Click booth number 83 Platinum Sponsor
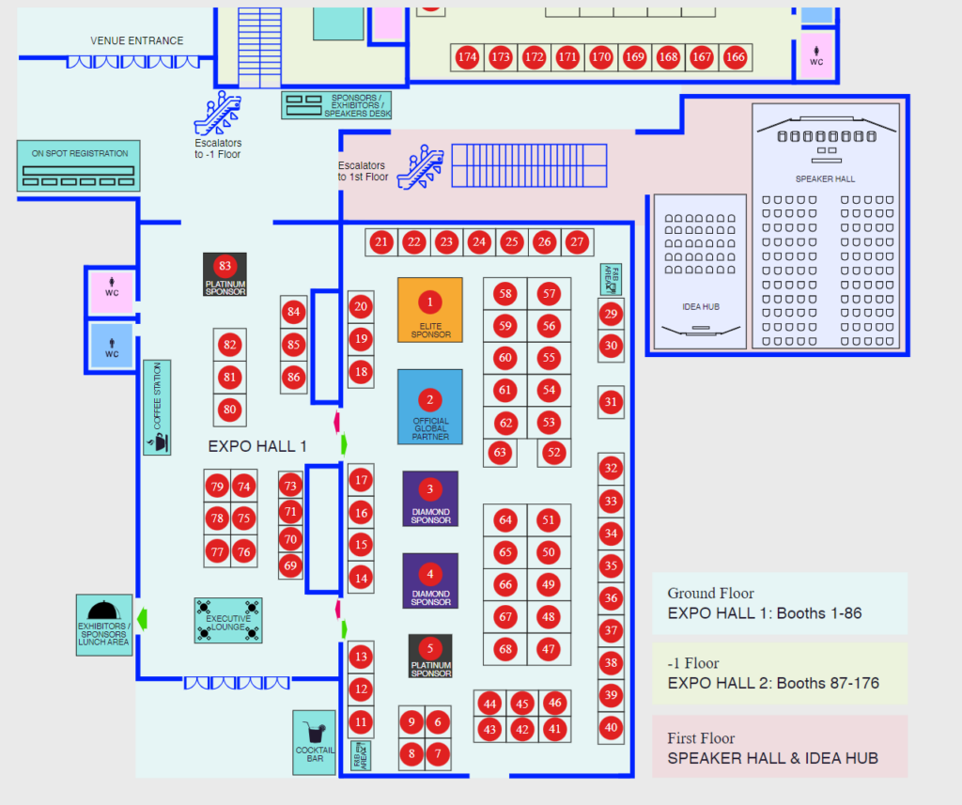point(225,274)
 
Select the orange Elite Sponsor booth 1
point(430,310)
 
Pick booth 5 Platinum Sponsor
point(430,656)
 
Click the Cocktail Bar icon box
point(314,741)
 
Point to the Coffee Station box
point(157,408)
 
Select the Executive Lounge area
point(228,620)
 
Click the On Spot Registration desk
point(79,166)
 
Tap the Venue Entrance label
point(137,40)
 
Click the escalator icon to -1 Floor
point(217,114)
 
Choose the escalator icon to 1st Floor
point(420,167)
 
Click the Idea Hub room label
point(699,306)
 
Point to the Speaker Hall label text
point(825,178)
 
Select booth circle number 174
point(467,57)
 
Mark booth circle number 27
point(577,241)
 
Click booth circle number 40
point(612,726)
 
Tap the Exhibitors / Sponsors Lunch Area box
point(104,625)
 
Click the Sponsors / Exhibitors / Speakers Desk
point(336,105)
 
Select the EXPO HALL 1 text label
point(257,446)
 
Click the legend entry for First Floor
point(780,747)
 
